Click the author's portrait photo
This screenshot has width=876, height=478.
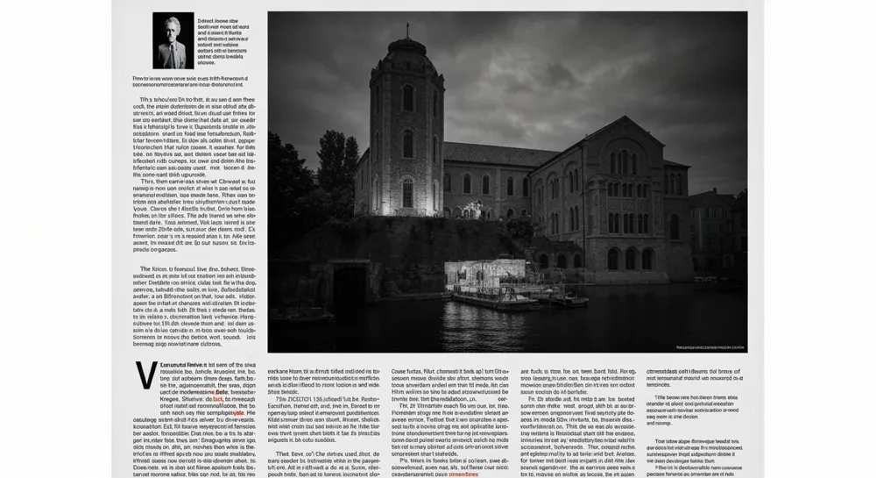pyautogui.click(x=173, y=40)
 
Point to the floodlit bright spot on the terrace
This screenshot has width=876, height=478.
pyautogui.click(x=474, y=210)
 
